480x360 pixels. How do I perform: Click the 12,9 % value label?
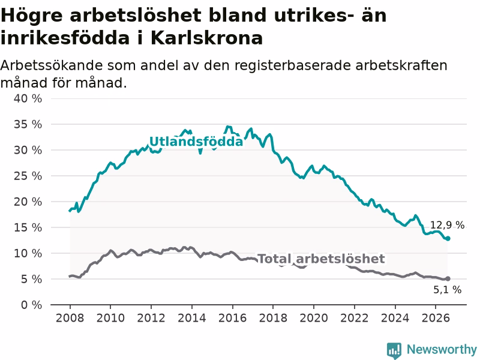click(x=447, y=226)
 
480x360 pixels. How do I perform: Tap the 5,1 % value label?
click(x=447, y=290)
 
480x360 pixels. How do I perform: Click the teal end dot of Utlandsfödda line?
click(x=448, y=238)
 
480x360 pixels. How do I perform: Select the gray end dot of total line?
click(x=448, y=278)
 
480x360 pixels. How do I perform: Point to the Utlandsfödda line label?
click(x=196, y=142)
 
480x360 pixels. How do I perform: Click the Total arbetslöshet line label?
click(x=321, y=259)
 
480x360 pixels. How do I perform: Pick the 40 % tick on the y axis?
click(x=28, y=98)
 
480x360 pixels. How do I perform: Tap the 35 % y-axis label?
click(x=28, y=124)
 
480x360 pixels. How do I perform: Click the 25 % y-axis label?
click(x=28, y=176)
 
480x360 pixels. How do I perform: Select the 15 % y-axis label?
click(x=28, y=227)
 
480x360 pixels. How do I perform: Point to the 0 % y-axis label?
click(x=31, y=305)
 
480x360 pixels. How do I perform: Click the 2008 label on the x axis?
click(x=70, y=318)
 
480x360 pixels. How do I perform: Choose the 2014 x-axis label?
click(x=191, y=318)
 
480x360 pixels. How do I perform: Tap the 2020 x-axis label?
click(x=314, y=318)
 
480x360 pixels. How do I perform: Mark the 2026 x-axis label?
click(x=436, y=318)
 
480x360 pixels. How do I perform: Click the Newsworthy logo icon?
click(x=394, y=350)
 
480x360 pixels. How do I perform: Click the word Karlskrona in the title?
click(x=206, y=38)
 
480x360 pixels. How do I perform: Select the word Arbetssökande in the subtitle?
click(x=52, y=65)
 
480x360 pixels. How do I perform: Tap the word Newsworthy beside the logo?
click(x=442, y=349)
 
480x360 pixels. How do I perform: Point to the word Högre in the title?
click(x=32, y=16)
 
